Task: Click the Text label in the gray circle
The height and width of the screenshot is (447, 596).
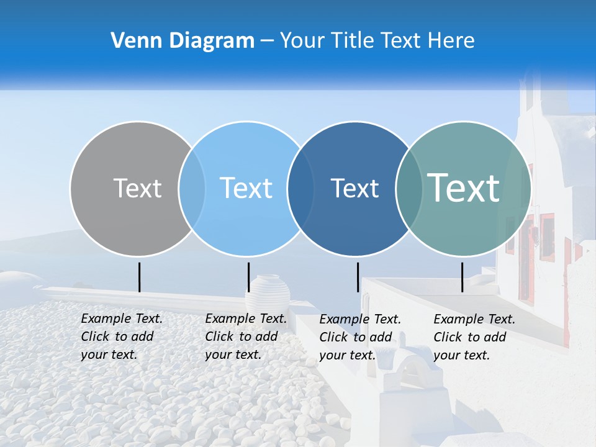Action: click(x=137, y=188)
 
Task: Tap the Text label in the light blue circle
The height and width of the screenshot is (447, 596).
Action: click(x=246, y=188)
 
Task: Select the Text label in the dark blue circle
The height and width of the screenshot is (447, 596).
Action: click(x=354, y=189)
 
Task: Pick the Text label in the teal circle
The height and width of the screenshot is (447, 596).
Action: click(x=464, y=187)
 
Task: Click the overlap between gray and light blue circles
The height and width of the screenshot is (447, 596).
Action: click(x=192, y=189)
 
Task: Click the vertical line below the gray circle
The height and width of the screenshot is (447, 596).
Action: click(x=139, y=277)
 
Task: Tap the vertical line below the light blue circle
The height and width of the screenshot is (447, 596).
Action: click(x=248, y=277)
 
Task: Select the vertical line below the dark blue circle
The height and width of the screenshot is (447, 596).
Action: click(x=358, y=277)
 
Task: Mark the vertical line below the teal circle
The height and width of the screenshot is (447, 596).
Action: click(x=462, y=277)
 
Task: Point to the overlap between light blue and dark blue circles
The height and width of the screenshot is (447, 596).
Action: click(x=301, y=189)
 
